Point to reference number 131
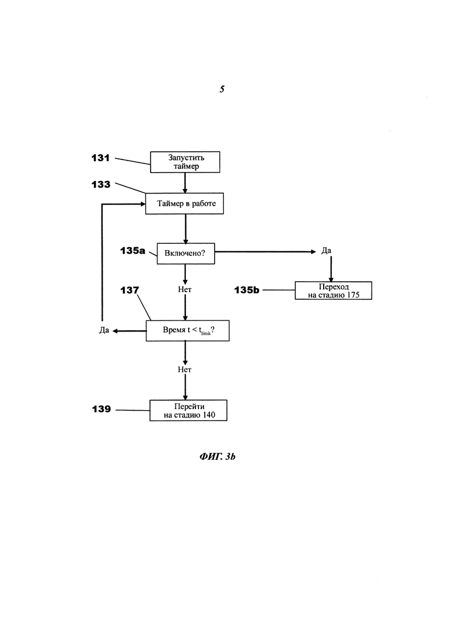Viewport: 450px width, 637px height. (x=100, y=158)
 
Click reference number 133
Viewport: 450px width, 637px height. (x=101, y=184)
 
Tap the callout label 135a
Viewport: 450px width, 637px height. (x=133, y=251)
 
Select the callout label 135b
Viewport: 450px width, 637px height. (x=247, y=290)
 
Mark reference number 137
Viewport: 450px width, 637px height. (x=130, y=290)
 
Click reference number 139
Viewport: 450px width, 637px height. (x=102, y=409)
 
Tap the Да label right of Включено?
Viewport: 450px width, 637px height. (x=326, y=251)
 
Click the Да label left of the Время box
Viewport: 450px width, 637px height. (x=104, y=330)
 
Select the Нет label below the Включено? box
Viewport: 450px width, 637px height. (x=185, y=290)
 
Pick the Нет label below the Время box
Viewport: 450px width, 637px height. (x=185, y=370)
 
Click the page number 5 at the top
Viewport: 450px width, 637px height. (x=222, y=89)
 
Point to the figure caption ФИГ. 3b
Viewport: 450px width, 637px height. (x=217, y=457)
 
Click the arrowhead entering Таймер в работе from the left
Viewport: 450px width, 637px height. (x=143, y=204)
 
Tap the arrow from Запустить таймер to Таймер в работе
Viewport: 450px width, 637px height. (x=185, y=183)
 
